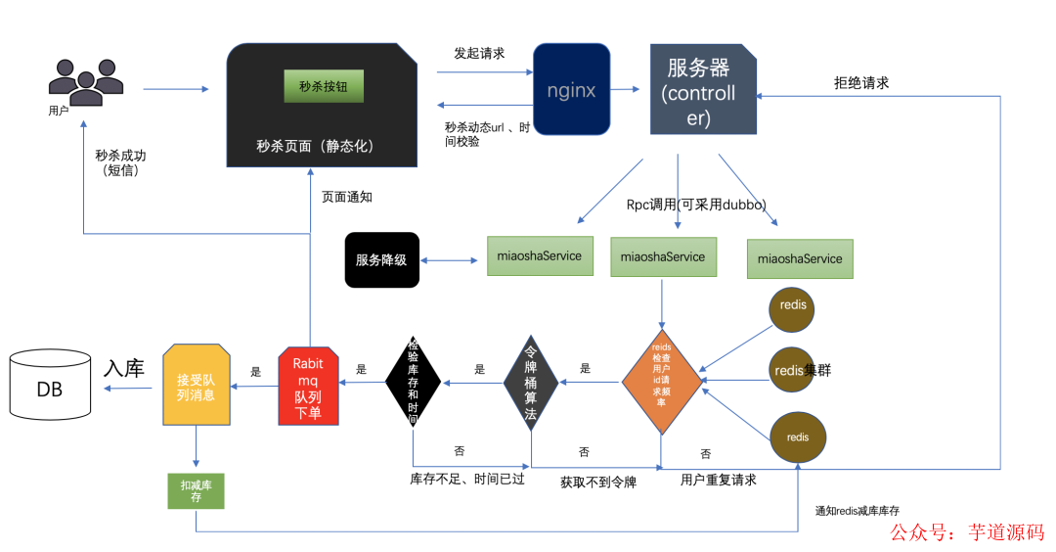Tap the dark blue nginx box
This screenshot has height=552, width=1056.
(571, 89)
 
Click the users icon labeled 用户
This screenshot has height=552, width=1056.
(86, 81)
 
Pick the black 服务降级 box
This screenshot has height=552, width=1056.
(381, 259)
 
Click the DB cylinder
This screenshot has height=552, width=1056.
(50, 389)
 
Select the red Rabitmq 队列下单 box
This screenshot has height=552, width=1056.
(308, 386)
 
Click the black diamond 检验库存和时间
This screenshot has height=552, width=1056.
(413, 382)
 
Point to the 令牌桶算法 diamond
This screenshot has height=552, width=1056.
(531, 382)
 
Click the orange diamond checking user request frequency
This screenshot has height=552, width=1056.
(662, 382)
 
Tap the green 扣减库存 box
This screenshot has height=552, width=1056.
(197, 489)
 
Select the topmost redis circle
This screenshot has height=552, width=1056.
(792, 305)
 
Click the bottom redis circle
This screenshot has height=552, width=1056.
(798, 437)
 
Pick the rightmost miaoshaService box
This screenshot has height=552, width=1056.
(800, 259)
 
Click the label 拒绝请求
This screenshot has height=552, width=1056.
(860, 83)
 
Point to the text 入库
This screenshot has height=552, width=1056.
(124, 368)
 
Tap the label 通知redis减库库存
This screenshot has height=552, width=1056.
(857, 510)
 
